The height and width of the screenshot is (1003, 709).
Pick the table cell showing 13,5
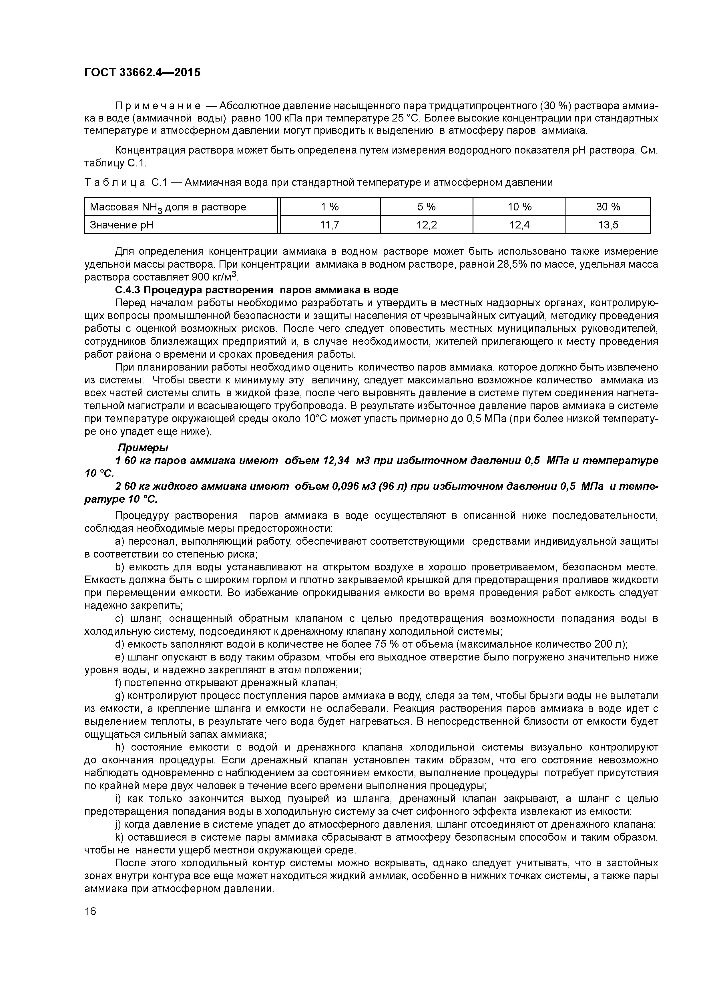click(x=608, y=225)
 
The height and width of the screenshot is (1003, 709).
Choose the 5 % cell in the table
click(x=426, y=207)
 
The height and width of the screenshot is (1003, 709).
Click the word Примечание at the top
click(x=158, y=106)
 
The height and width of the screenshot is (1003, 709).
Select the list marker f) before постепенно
click(x=118, y=682)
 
